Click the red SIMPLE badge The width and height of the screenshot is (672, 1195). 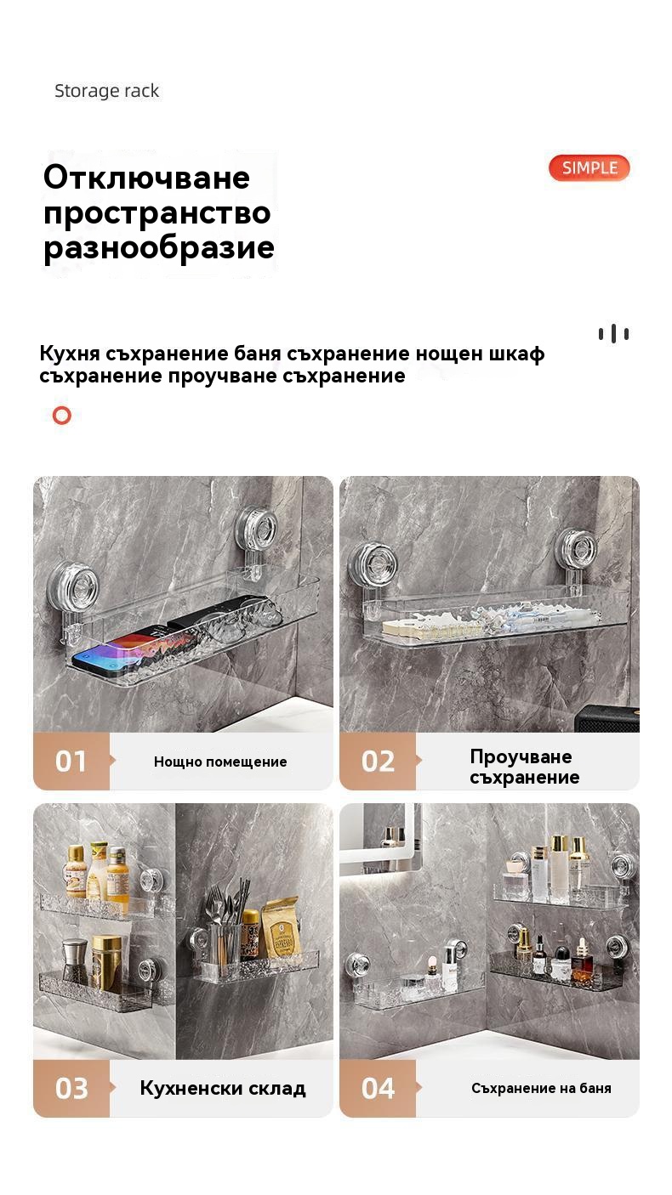(x=589, y=168)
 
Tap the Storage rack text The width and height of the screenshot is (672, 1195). (x=106, y=91)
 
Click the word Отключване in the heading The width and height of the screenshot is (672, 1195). (x=146, y=177)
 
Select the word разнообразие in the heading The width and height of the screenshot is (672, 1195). (x=159, y=248)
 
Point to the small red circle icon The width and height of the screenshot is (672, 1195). (x=62, y=415)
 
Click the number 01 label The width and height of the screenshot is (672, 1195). (x=71, y=762)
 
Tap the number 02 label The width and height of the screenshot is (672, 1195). (x=378, y=762)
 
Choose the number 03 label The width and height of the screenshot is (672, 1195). (x=71, y=1088)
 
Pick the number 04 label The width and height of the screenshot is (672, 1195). (x=378, y=1088)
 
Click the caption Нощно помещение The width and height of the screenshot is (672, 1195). (x=220, y=762)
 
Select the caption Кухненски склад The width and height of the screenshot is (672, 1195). (x=223, y=1088)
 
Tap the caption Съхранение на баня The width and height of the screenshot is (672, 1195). (x=541, y=1088)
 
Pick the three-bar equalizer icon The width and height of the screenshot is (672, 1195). (x=613, y=334)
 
